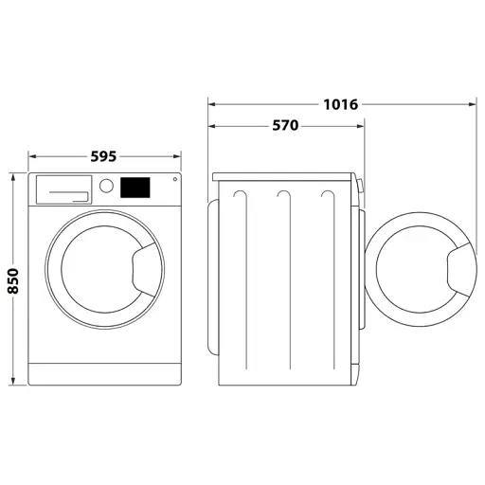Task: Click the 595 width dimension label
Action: [x=105, y=156]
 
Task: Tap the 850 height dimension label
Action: [x=13, y=278]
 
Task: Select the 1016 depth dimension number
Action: [x=339, y=104]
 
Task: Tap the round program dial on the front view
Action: [x=107, y=188]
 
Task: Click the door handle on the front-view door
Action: [x=142, y=269]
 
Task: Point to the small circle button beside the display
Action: [x=173, y=181]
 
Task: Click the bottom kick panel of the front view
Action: [x=105, y=374]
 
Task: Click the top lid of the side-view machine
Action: [x=284, y=175]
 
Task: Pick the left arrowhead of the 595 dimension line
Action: [x=32, y=156]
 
